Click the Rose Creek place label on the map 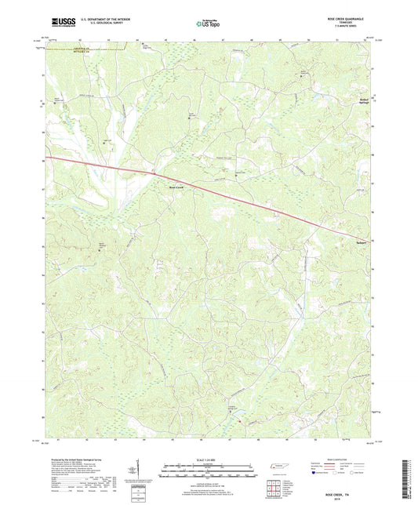[176, 187]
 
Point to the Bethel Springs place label [358, 103]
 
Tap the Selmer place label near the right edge [356, 243]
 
